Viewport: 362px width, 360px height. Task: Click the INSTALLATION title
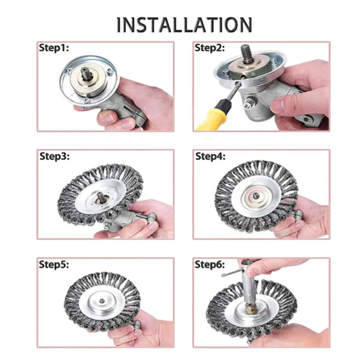coord(184,24)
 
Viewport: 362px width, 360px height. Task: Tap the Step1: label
coord(54,48)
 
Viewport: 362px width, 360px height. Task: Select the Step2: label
coord(210,48)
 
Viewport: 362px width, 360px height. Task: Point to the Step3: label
coord(55,156)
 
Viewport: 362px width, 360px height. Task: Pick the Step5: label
coord(54,265)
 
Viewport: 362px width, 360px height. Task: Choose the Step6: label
coord(211,265)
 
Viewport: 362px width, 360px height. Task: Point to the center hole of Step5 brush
coord(102,303)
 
